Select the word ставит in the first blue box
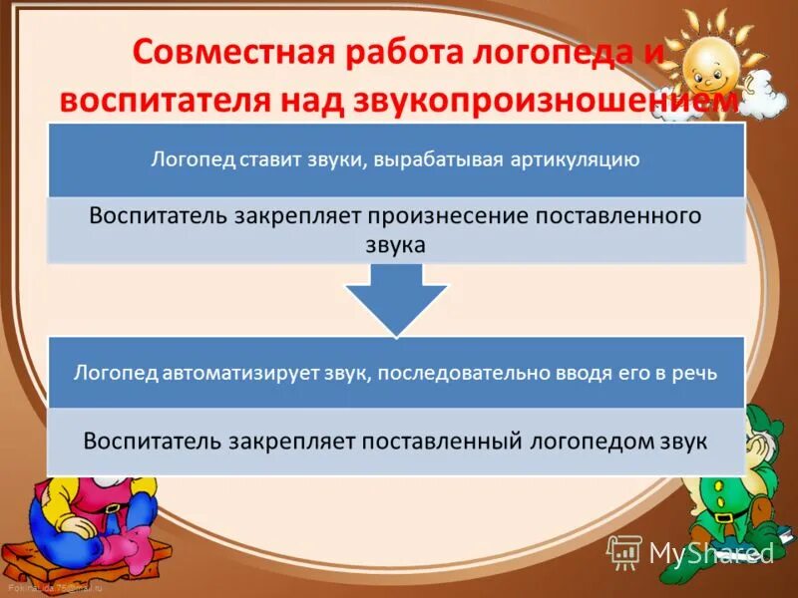(x=271, y=159)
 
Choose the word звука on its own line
(x=396, y=244)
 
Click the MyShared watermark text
(x=709, y=551)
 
